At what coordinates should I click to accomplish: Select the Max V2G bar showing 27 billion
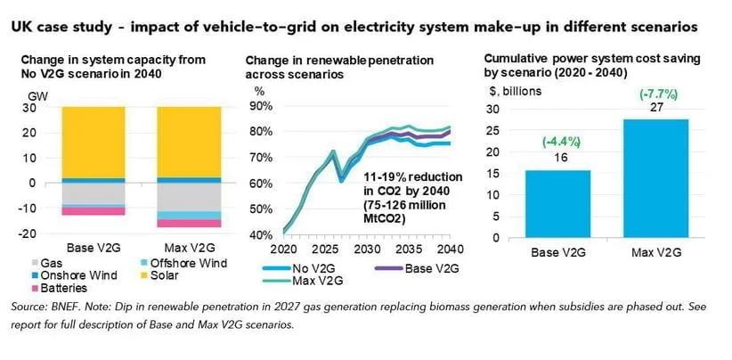point(655,178)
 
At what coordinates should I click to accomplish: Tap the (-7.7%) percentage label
point(655,91)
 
